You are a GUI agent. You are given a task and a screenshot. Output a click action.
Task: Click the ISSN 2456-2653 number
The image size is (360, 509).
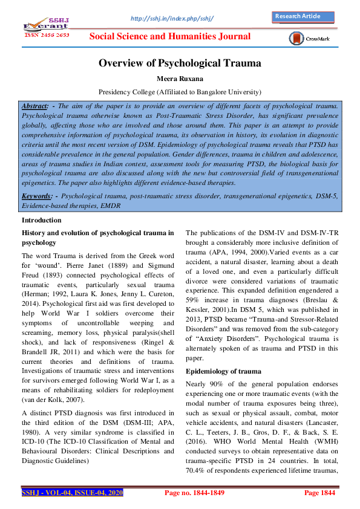(x=47, y=35)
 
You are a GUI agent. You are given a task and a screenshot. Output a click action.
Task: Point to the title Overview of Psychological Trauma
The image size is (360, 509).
(x=180, y=63)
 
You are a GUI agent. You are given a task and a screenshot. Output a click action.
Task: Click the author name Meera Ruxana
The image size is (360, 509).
(x=180, y=79)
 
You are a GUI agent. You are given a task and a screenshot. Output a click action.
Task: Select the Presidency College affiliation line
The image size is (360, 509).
(x=180, y=92)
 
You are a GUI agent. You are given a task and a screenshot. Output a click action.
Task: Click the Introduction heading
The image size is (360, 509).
(x=41, y=221)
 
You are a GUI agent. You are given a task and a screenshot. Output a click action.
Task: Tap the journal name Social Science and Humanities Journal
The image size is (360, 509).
(x=169, y=37)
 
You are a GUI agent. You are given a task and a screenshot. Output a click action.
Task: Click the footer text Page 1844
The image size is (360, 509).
(x=319, y=493)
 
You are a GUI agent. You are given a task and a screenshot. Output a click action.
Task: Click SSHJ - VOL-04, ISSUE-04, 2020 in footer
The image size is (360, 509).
(x=73, y=493)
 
